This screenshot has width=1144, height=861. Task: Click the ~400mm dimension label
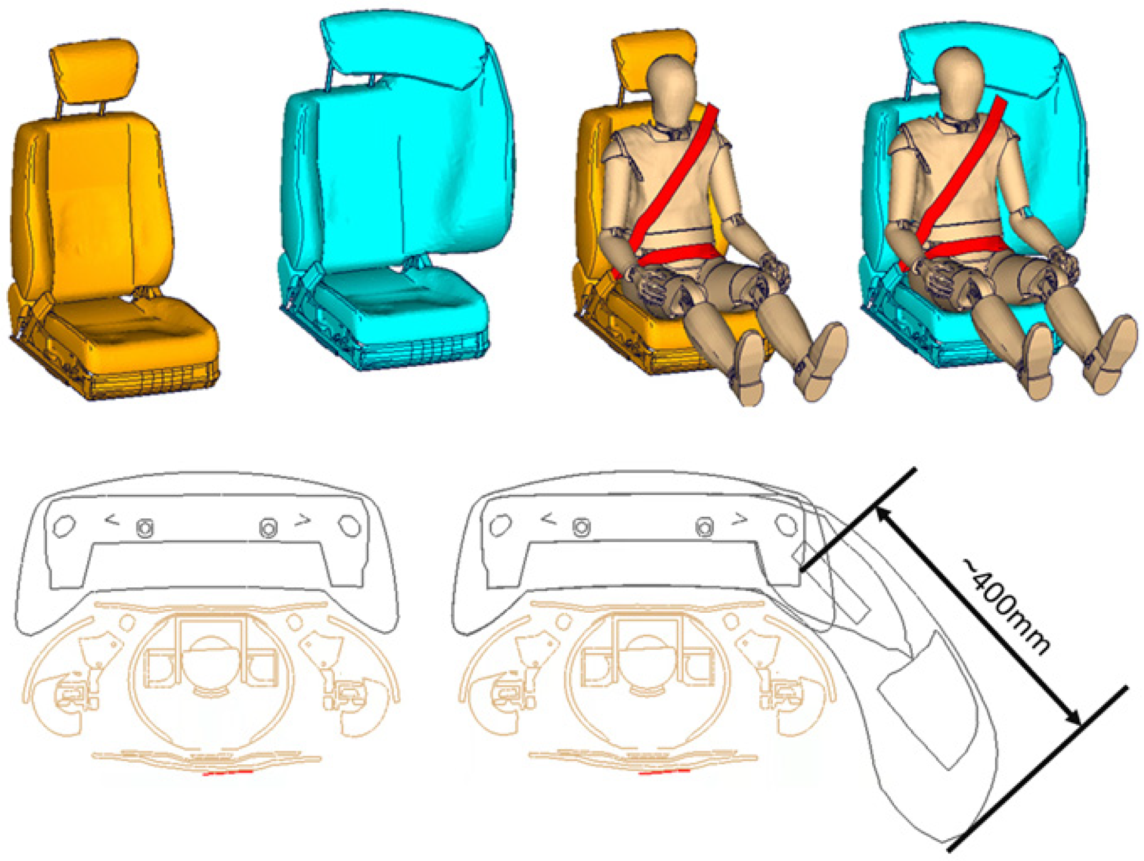1006,606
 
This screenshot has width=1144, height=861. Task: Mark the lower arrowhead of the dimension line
1072,717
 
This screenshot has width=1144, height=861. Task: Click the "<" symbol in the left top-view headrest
112,520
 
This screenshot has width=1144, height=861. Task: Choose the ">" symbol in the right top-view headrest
740,520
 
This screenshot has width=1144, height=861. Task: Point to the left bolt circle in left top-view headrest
145,528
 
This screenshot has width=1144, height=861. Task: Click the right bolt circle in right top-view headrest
704,528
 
